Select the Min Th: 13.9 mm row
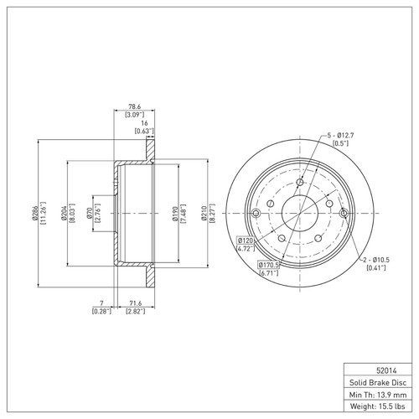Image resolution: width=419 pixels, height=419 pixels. coord(376,393)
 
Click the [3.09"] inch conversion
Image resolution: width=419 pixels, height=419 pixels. coord(134,115)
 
